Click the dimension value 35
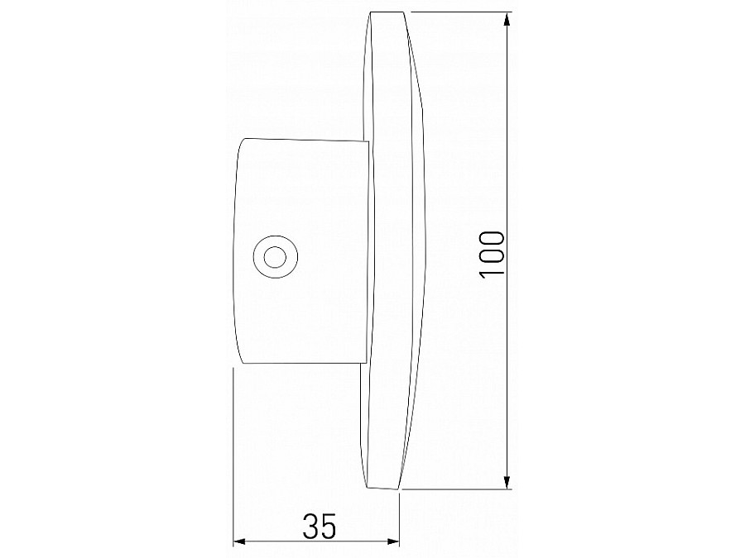[317, 526]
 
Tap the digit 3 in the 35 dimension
[308, 526]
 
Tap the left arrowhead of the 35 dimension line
[239, 542]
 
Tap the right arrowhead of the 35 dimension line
[394, 542]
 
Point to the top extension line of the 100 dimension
[459, 12]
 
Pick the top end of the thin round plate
[388, 12]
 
